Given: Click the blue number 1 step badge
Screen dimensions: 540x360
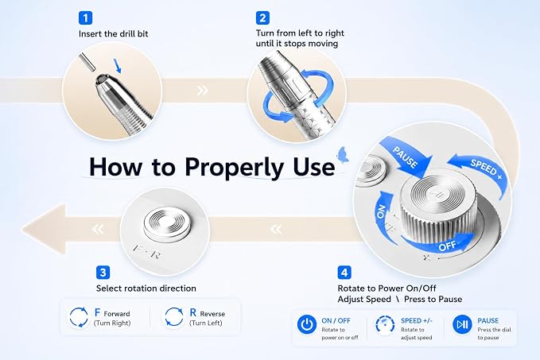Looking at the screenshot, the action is [85, 17].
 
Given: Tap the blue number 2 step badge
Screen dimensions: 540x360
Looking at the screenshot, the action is [262, 17].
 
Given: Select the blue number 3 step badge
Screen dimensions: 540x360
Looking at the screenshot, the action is [103, 273].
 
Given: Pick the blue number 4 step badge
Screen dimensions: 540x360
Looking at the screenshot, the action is [344, 273].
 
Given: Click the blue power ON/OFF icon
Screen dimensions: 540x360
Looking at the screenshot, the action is [306, 324].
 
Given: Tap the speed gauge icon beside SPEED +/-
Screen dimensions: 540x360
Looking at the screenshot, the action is [385, 324].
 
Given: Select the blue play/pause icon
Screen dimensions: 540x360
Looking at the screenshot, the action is [462, 324].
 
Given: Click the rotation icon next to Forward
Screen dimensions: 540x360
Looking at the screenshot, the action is [79, 317].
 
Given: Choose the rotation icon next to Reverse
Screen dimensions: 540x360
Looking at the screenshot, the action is [174, 317].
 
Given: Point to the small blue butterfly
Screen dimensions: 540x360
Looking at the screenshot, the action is [343, 154].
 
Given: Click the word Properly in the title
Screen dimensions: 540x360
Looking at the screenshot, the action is [235, 168].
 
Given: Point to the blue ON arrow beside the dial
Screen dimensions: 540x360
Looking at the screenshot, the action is [383, 215].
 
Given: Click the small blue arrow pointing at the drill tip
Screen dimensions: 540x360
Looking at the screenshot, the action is [117, 66].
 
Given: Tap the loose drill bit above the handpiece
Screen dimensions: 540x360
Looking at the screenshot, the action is [86, 62].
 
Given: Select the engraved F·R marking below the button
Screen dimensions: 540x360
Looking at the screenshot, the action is [146, 253].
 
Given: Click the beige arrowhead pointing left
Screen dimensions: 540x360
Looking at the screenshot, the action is [44, 229].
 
